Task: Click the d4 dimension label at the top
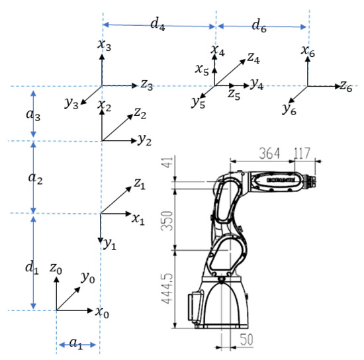click(x=157, y=24)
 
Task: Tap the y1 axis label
click(x=110, y=244)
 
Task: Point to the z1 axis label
click(x=139, y=186)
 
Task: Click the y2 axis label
click(x=145, y=141)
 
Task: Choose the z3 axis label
click(x=148, y=85)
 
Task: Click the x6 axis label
click(x=308, y=50)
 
